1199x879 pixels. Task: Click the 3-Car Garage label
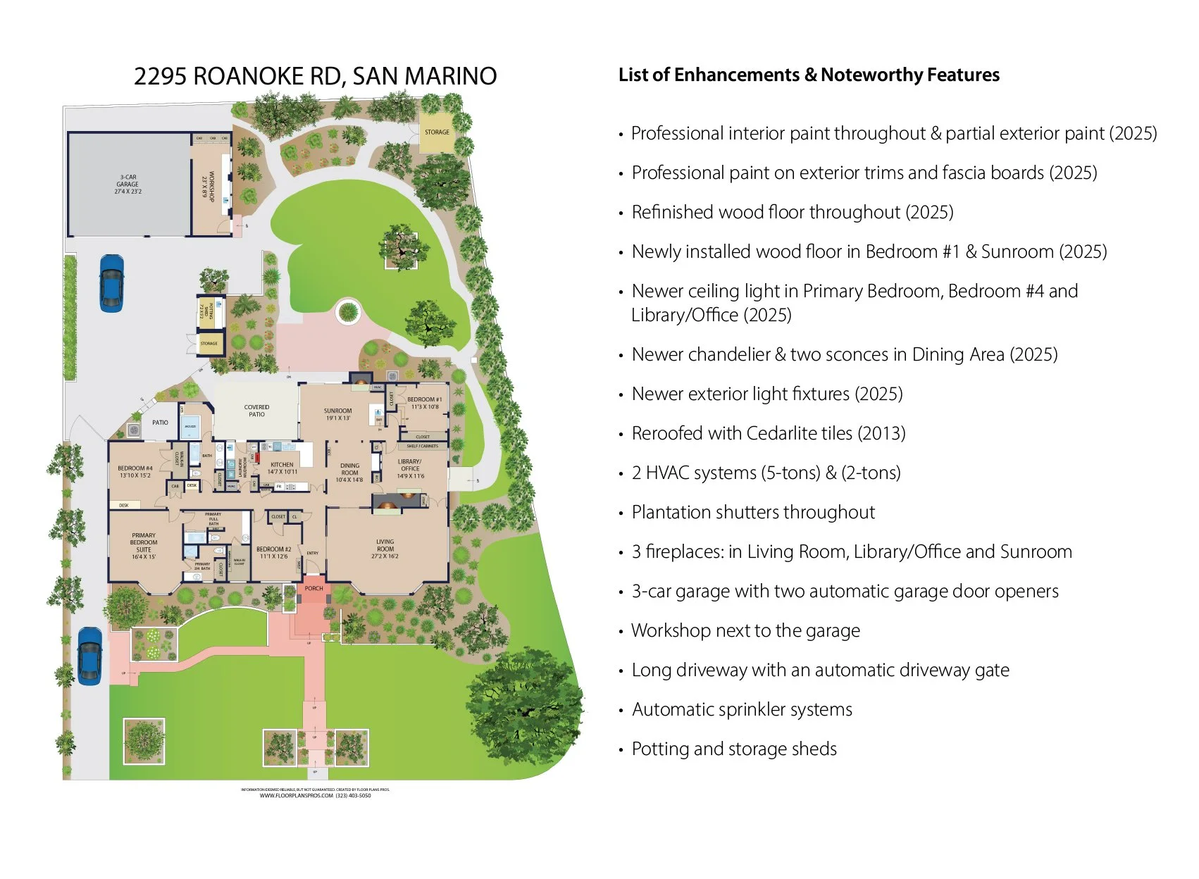tap(128, 185)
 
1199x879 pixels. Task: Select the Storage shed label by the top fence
tap(437, 132)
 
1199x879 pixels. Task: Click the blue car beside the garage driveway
tap(111, 282)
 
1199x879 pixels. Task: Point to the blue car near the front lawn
tap(89, 655)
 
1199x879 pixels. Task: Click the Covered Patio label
tap(256, 411)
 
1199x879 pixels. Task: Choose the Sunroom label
tap(338, 414)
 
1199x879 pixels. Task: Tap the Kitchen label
tap(282, 468)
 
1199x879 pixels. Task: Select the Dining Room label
tap(349, 473)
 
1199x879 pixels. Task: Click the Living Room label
tap(385, 549)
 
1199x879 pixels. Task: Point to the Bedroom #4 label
tap(135, 471)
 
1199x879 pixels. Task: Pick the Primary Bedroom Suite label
tap(144, 546)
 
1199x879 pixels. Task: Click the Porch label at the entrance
tap(314, 588)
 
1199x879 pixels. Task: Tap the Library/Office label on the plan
tap(410, 468)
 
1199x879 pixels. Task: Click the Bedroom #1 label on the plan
tap(425, 402)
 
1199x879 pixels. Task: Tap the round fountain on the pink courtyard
tap(348, 311)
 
